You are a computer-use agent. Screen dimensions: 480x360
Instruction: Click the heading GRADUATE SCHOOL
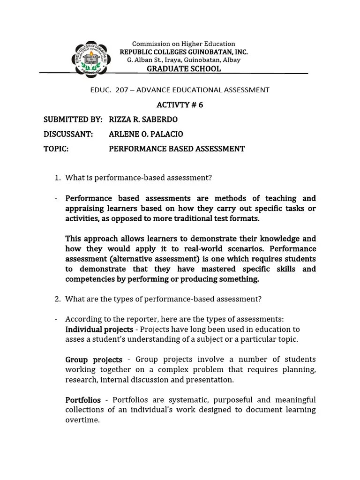pos(184,69)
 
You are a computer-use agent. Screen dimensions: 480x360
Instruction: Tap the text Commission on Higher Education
pos(184,44)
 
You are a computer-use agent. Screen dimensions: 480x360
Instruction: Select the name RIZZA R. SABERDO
pos(143,120)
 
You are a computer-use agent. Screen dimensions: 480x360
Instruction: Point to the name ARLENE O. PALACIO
pos(146,134)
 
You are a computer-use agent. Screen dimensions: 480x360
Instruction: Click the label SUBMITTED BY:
pos(73,120)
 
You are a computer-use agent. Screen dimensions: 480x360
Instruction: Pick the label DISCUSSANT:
pos(68,134)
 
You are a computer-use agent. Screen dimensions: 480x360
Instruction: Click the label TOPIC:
pos(56,149)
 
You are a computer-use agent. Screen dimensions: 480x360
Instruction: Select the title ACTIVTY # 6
pos(180,105)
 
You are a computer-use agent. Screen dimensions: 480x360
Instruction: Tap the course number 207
pos(122,90)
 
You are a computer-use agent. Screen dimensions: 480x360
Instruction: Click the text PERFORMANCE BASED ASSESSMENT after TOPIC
pos(177,149)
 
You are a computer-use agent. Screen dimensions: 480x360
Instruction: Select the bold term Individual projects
pos(99,330)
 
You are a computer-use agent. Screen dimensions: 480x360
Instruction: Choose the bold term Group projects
pos(94,360)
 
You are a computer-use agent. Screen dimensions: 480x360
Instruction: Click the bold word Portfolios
pos(83,400)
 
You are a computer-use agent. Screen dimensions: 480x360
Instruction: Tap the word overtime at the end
pos(82,420)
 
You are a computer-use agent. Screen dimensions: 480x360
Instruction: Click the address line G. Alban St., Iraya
pos(184,60)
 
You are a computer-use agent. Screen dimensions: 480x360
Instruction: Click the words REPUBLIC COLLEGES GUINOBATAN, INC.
pos(184,52)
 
